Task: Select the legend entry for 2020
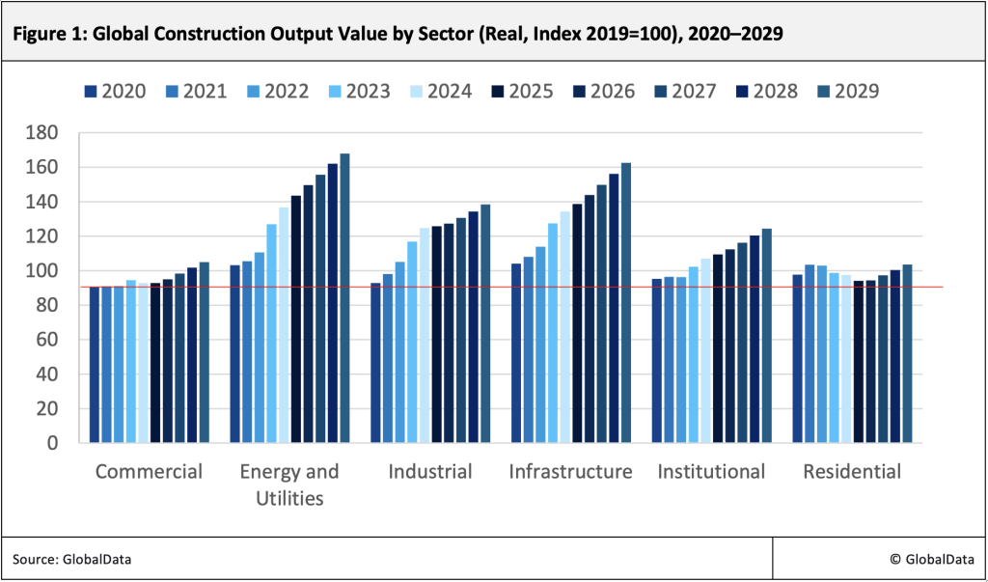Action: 115,92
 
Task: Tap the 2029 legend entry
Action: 847,92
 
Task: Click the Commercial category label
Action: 150,472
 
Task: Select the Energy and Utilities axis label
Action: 289,485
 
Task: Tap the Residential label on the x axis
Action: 852,472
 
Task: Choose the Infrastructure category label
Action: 570,472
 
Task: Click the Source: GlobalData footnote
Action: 71,559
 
